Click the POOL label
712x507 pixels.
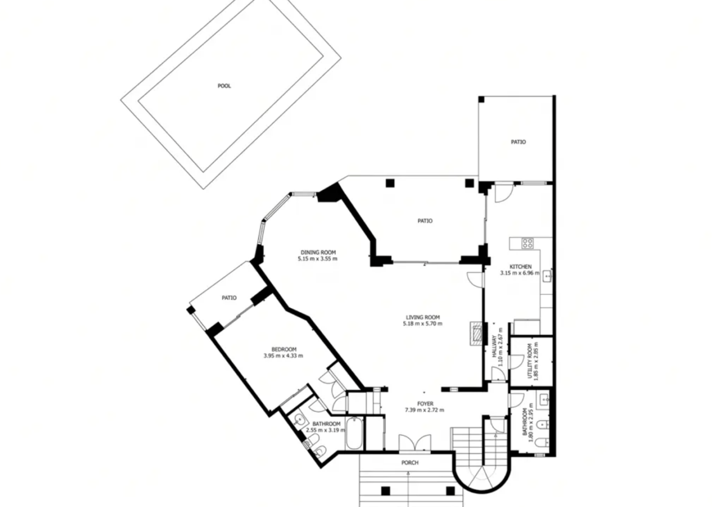[224, 86]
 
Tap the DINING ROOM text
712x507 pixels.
[318, 252]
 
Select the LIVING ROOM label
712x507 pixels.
[423, 317]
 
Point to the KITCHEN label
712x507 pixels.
[521, 266]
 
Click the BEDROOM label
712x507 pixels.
[284, 349]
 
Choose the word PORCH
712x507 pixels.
[410, 462]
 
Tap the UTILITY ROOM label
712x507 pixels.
[530, 361]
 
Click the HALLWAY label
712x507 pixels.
[494, 347]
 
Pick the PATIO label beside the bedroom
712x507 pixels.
[229, 297]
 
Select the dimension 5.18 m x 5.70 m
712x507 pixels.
[423, 324]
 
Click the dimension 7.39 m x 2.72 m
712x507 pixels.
[424, 410]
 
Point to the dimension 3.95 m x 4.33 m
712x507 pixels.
[283, 356]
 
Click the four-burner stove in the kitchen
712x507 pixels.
[527, 244]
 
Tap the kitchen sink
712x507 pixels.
[547, 276]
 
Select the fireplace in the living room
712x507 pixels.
[477, 333]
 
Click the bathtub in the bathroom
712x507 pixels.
[354, 433]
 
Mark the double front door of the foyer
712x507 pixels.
[415, 443]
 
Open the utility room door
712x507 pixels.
[517, 362]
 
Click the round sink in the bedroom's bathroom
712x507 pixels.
[299, 421]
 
